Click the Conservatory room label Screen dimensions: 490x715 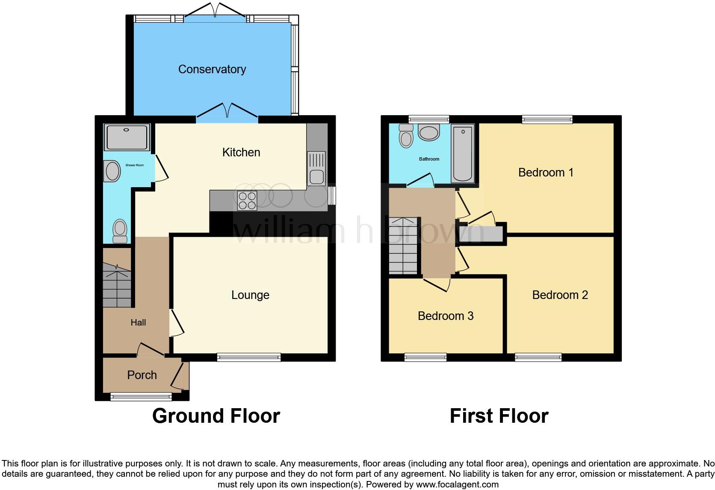(x=212, y=69)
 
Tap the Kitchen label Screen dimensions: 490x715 (x=241, y=152)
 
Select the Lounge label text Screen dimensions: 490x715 (x=250, y=295)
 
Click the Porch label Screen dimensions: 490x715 (x=142, y=375)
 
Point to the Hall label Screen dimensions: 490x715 (x=138, y=323)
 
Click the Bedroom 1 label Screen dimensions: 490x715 (x=545, y=173)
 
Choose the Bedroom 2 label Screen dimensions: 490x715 (x=560, y=295)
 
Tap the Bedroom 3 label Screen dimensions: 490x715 (x=445, y=316)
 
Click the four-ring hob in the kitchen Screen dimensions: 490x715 (x=247, y=200)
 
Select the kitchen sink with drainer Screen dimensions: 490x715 (x=316, y=169)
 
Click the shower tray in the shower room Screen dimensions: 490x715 (x=127, y=137)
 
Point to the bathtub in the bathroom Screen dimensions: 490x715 (x=463, y=153)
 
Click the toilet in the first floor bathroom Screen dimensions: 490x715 (x=406, y=136)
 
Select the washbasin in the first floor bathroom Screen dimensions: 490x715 (x=429, y=132)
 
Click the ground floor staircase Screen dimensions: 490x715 (x=117, y=285)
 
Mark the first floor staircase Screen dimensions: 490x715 (x=403, y=245)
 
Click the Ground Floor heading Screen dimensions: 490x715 (x=216, y=416)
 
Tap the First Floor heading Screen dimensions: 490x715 (x=499, y=416)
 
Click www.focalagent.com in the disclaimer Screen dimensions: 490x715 (x=457, y=485)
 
